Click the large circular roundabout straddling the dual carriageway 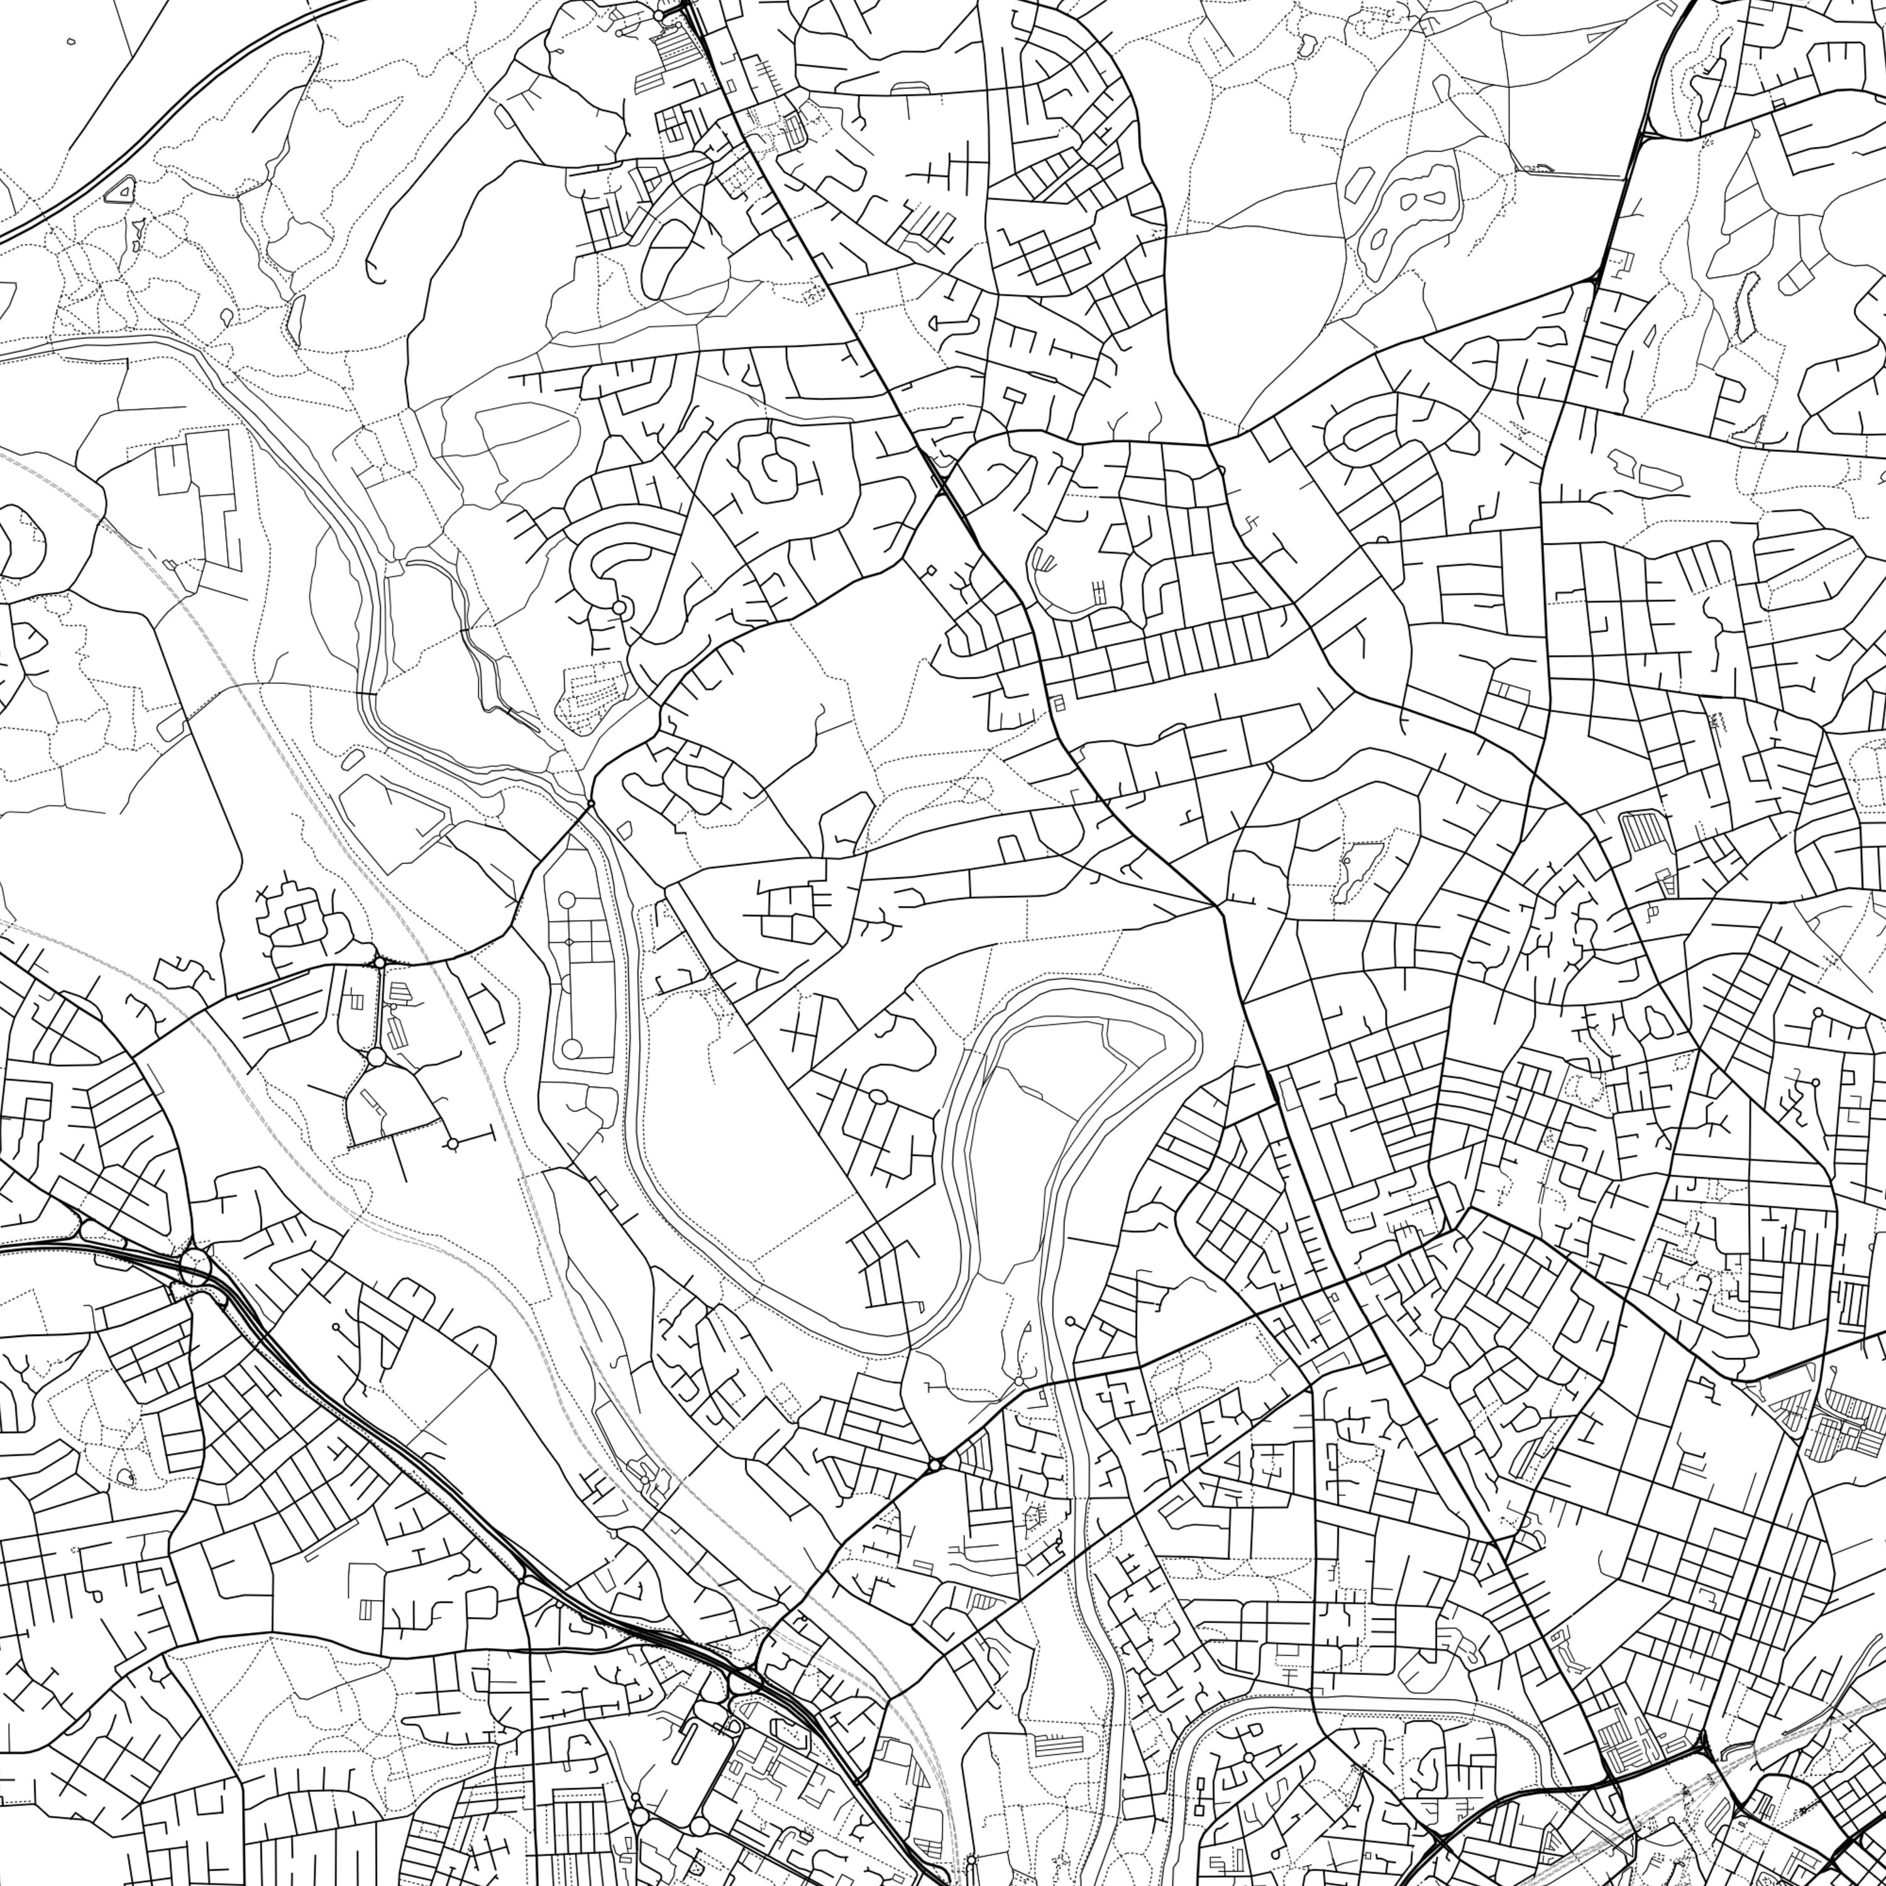(196, 1266)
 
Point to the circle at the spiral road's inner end (618, 608)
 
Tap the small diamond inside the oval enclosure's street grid (569, 942)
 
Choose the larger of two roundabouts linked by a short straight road (376, 1057)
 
